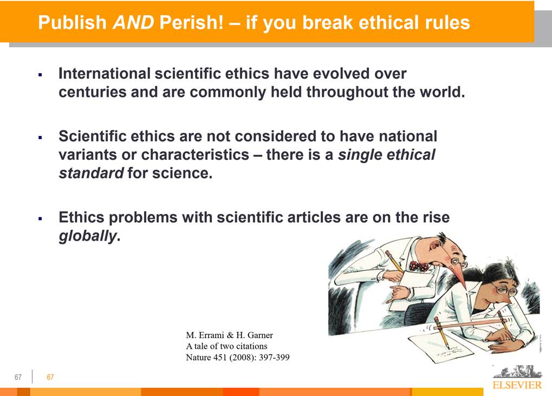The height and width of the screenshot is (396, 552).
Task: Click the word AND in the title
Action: tap(133, 22)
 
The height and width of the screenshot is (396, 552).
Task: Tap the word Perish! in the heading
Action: tap(191, 22)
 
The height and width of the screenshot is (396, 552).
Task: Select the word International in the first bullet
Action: tap(105, 74)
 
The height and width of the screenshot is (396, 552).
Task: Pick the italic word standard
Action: tap(91, 173)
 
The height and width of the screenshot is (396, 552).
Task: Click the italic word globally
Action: tap(87, 236)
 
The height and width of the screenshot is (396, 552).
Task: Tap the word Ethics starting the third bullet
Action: tap(81, 217)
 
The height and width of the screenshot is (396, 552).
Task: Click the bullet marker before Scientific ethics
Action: tap(41, 137)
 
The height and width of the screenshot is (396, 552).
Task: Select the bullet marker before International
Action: tap(41, 75)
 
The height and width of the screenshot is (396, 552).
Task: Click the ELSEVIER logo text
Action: tap(517, 385)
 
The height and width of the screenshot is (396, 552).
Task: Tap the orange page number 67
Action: tap(50, 378)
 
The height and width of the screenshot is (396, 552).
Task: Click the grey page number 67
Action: tap(18, 378)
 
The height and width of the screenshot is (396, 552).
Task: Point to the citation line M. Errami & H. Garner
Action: tap(230, 335)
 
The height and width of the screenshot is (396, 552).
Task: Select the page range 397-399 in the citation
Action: tap(274, 358)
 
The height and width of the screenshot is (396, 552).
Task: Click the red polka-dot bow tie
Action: tap(419, 266)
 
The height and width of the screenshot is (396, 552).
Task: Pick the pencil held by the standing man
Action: tap(394, 261)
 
